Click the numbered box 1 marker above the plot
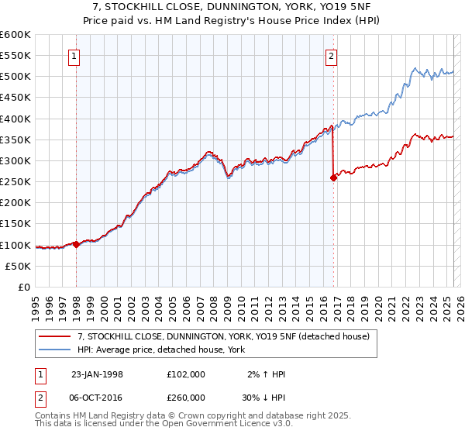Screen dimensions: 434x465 click(x=74, y=56)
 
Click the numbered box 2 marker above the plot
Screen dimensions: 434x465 click(x=331, y=56)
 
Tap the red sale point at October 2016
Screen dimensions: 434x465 click(x=333, y=177)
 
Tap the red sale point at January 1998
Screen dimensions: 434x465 click(x=76, y=244)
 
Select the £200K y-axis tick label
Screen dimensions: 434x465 click(x=15, y=203)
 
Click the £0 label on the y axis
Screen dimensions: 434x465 click(x=24, y=287)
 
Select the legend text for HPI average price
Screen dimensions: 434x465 click(x=161, y=350)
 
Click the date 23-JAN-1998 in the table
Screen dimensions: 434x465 click(x=96, y=374)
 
